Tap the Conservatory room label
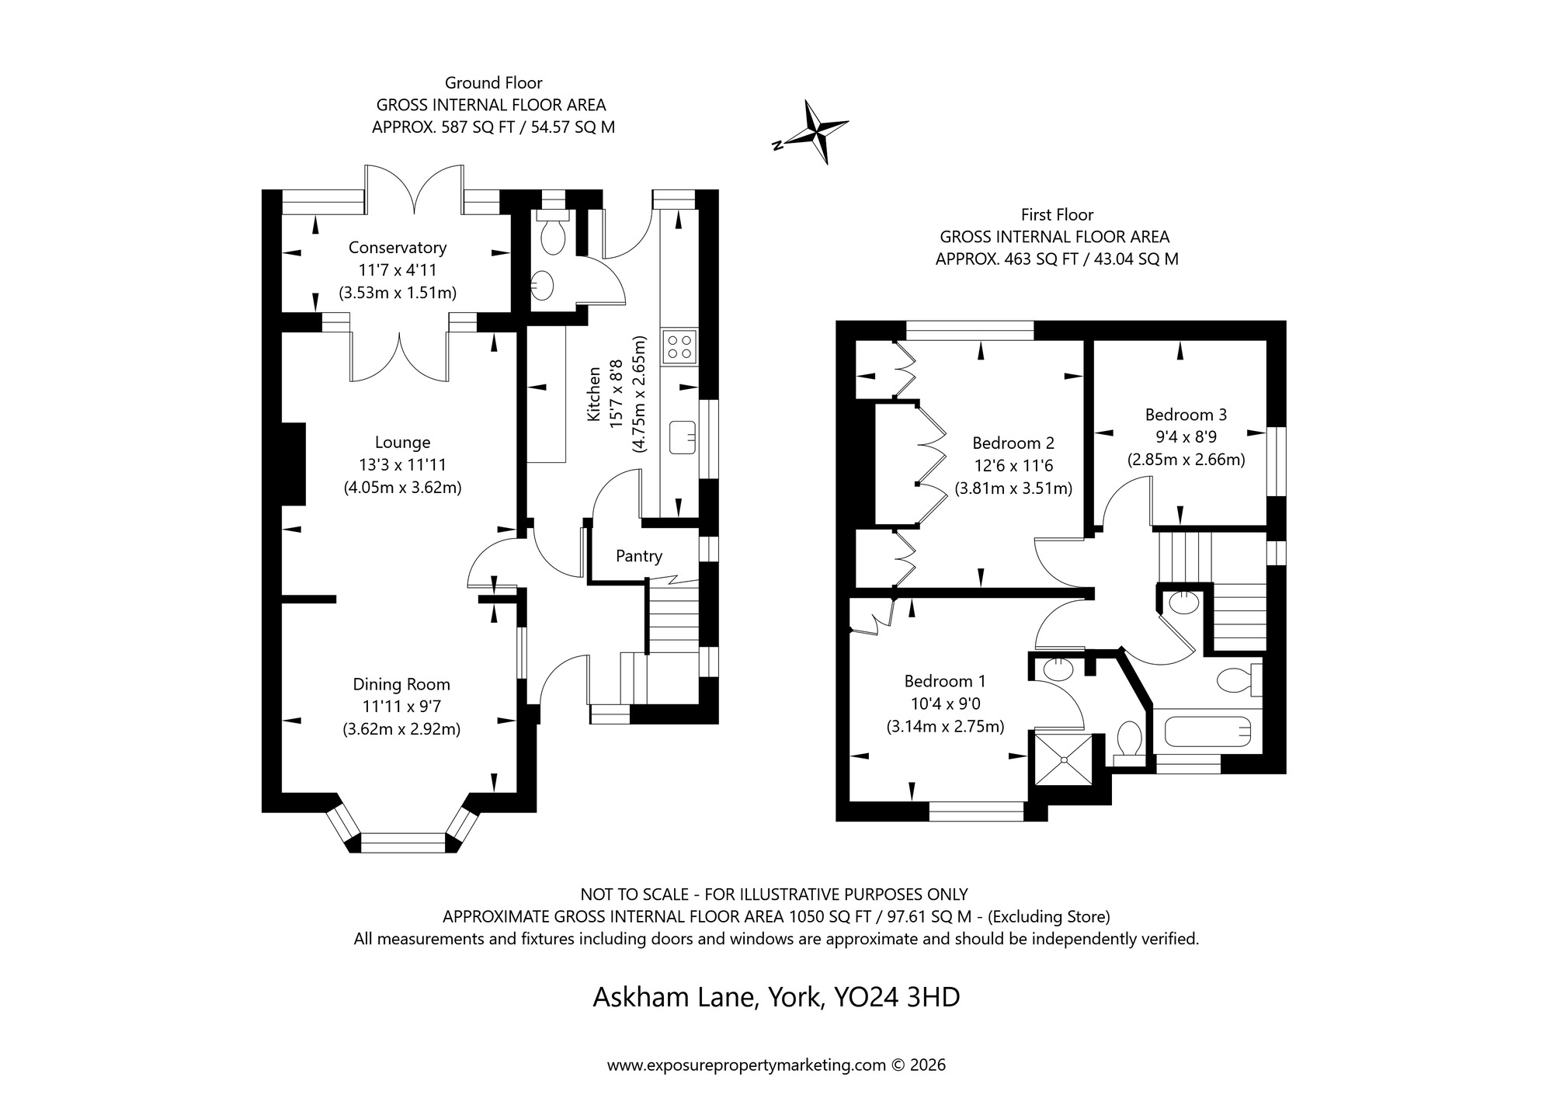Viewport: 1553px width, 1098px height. click(x=397, y=248)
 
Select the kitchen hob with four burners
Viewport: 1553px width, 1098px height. click(x=679, y=346)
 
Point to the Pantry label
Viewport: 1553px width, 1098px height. click(x=638, y=556)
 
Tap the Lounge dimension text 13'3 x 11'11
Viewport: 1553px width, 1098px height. click(x=402, y=465)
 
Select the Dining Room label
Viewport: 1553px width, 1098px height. click(x=401, y=684)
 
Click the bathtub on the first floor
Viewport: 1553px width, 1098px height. click(x=1207, y=731)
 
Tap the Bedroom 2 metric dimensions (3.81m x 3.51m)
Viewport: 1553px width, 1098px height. click(x=1013, y=488)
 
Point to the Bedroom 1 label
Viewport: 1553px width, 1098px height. click(x=944, y=681)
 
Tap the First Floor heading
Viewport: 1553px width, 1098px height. click(x=1056, y=214)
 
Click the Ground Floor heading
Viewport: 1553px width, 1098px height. click(x=493, y=82)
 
